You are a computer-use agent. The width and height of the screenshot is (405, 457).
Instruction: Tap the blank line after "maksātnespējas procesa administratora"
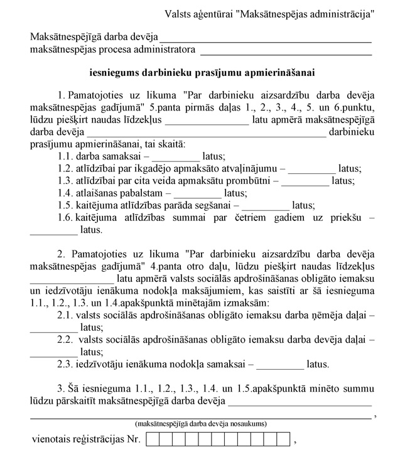coord(286,50)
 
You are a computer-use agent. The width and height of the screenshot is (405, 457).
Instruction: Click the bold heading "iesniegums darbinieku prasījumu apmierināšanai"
coord(202,73)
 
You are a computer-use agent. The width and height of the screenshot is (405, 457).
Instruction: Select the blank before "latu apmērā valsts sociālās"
coord(72,279)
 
